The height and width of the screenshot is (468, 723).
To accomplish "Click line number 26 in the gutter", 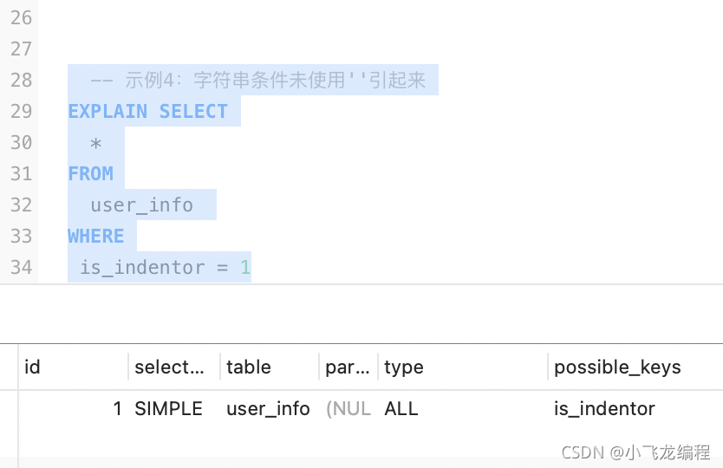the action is [21, 17].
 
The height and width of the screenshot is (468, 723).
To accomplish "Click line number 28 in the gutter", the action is [21, 80].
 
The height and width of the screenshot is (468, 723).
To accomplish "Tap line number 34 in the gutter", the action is [21, 267].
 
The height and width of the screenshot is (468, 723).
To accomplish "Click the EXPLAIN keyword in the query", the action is [107, 111].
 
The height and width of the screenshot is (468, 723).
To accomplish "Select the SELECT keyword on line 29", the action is [193, 111].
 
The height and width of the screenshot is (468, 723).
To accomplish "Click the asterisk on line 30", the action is [96, 142].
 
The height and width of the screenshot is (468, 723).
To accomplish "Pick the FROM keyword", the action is [90, 173].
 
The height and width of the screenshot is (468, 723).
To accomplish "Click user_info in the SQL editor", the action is [141, 205].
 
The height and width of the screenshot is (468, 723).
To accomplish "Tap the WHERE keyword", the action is [95, 236].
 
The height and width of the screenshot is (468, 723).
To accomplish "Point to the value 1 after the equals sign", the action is [245, 267].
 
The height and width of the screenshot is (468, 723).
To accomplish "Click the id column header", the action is [32, 367].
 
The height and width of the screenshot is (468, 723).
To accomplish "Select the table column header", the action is [249, 367].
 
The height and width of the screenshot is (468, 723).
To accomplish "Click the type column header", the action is [404, 367].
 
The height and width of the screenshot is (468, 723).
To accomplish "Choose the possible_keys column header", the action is [617, 367].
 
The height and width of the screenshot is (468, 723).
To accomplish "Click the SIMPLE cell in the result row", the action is [168, 408].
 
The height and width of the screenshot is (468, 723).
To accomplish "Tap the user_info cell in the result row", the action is [268, 408].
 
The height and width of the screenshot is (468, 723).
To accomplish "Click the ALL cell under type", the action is [401, 408].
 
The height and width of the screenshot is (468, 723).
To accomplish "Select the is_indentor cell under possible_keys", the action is [604, 408].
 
